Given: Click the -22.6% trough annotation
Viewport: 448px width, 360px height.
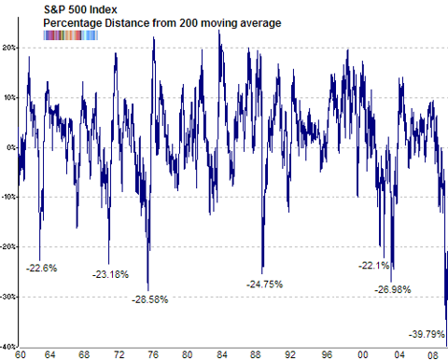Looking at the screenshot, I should pyautogui.click(x=42, y=268).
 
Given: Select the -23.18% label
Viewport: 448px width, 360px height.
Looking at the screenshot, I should pyautogui.click(x=111, y=275).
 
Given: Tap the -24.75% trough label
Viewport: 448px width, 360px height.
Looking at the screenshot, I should pyautogui.click(x=265, y=283).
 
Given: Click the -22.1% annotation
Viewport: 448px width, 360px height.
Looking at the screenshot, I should pyautogui.click(x=374, y=266).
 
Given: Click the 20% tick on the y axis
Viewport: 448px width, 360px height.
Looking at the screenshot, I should pyautogui.click(x=9, y=47).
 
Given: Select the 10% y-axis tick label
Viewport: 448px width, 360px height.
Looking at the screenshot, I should pyautogui.click(x=9, y=97).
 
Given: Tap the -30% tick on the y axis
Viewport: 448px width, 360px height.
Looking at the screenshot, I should pyautogui.click(x=8, y=297).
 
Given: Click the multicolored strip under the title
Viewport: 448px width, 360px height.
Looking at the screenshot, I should pyautogui.click(x=72, y=35).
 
